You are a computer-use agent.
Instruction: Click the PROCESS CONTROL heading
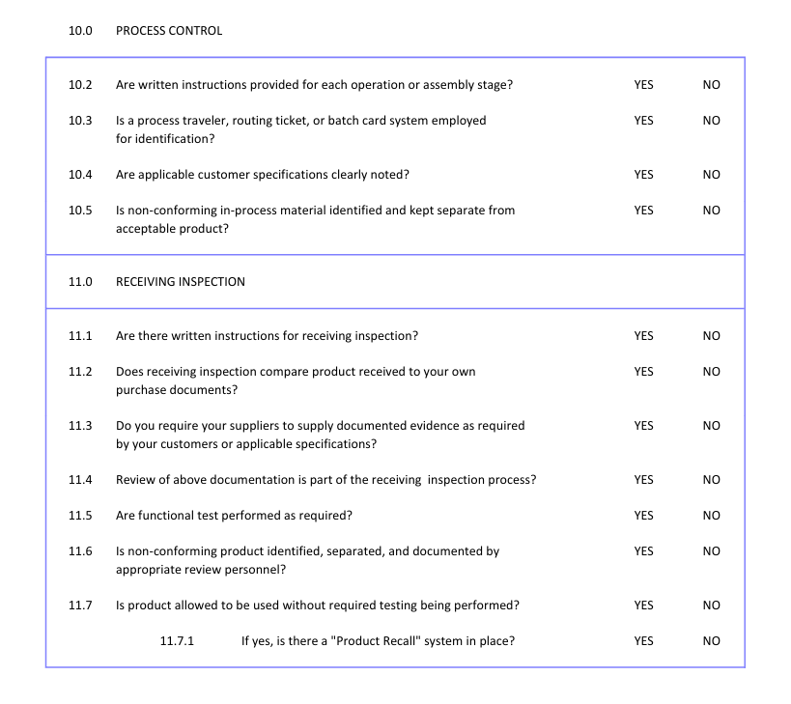169,31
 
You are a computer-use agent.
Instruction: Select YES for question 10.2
643,85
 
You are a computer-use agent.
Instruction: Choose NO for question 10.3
712,121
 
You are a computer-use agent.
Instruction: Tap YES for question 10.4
643,175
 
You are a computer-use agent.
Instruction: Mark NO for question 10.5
712,211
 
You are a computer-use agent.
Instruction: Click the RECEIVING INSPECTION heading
181,282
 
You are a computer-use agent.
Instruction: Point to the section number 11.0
80,282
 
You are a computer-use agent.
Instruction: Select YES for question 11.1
643,336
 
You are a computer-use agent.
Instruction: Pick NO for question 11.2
712,372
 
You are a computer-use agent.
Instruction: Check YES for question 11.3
643,426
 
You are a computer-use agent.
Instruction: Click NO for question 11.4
712,480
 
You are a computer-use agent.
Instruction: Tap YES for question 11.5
643,516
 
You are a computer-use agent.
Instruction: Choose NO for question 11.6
712,551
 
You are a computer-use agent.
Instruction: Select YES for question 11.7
643,605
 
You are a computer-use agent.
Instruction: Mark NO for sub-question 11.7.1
712,641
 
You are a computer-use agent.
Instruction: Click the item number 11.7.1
177,641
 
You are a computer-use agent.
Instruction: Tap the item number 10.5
80,211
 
